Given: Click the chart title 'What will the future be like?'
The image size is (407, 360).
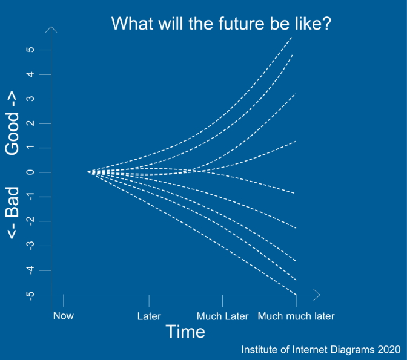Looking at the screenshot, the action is point(222,24).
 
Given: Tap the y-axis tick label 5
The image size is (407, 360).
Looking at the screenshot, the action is point(30,50).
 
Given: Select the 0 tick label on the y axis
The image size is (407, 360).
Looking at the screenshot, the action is point(30,172).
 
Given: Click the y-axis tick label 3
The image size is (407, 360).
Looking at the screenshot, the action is point(30,99).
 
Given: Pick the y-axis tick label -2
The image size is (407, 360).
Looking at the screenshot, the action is point(30,222).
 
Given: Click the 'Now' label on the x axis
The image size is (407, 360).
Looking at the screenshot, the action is point(64,316).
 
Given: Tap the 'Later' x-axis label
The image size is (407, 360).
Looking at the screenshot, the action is point(149,316).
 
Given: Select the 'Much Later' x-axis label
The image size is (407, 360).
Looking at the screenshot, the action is point(222,316).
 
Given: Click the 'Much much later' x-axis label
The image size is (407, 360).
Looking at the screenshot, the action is point(296,316).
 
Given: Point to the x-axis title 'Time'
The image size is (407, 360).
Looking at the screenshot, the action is point(185,332).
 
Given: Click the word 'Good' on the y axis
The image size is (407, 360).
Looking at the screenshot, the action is point(12,134).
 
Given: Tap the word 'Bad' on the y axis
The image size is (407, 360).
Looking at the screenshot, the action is point(12,202).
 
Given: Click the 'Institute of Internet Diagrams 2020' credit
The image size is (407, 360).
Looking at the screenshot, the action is point(321,350).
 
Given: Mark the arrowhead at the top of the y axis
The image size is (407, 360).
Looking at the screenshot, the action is point(51,27).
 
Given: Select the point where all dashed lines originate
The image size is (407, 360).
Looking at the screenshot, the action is point(88,172).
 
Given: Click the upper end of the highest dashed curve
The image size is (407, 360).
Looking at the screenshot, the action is point(292,38).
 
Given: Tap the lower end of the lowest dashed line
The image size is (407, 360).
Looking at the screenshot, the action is point(296,295).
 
